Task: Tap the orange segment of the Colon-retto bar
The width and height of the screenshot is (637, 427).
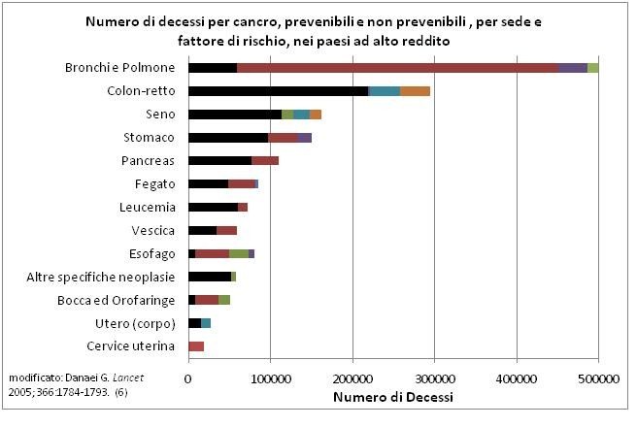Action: tap(415, 91)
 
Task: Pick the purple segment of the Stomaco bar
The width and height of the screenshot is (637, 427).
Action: tap(305, 138)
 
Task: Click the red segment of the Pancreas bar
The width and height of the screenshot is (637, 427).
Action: tap(265, 160)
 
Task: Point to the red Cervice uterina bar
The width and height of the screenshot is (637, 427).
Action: tap(196, 345)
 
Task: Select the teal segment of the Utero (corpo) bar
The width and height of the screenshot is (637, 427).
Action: tap(206, 322)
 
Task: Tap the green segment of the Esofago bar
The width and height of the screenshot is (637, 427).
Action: tap(239, 253)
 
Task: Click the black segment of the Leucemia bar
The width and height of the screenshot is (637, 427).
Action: tap(213, 207)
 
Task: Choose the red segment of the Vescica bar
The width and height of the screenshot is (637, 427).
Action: tap(226, 230)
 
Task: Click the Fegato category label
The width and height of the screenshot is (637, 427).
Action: tap(154, 184)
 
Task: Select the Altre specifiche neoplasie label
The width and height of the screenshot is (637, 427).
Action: tap(101, 277)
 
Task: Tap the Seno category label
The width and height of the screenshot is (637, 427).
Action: tap(159, 115)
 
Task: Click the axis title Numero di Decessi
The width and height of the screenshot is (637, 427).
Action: tap(392, 396)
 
